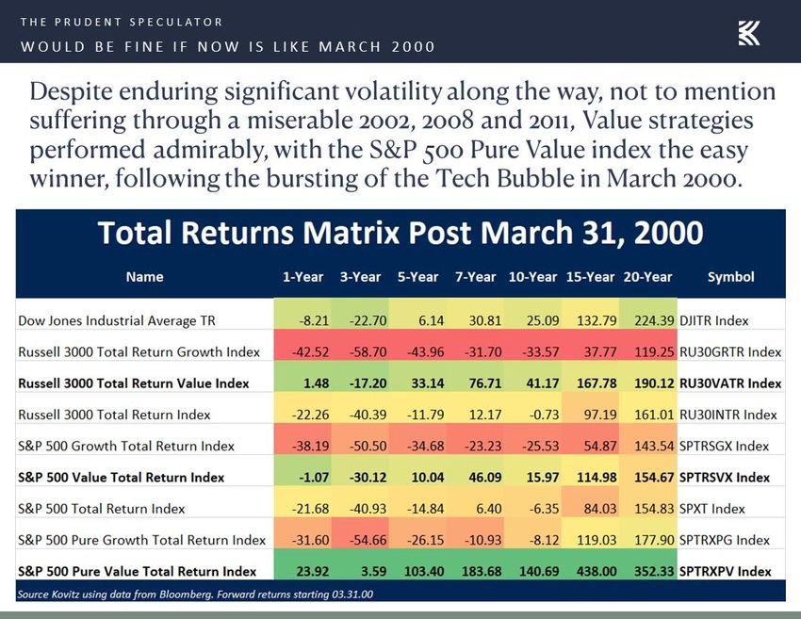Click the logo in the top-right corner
click(x=749, y=33)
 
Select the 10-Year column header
click(x=532, y=277)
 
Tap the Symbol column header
click(x=730, y=277)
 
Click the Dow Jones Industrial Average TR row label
click(x=117, y=320)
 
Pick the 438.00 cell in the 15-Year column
click(x=597, y=571)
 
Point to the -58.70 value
click(x=368, y=351)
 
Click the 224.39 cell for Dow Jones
click(x=654, y=320)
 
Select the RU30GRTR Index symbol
click(x=730, y=351)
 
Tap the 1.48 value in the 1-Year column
click(x=317, y=383)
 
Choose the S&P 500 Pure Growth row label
click(x=141, y=540)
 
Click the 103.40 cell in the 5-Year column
click(x=423, y=571)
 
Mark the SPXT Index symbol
click(x=711, y=509)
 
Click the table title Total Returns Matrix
click(x=400, y=233)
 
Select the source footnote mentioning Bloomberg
click(x=195, y=595)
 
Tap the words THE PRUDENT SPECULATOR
click(x=122, y=22)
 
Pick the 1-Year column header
click(x=302, y=277)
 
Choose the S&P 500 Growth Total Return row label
click(x=125, y=446)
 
